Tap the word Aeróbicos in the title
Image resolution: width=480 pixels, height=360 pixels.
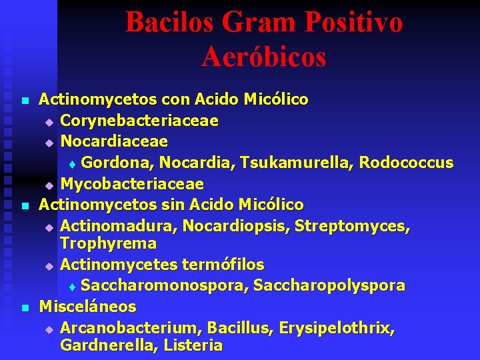[264, 57]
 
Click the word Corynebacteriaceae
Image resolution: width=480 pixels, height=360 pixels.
[139, 121]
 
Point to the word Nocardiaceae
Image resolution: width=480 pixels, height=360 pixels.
[114, 141]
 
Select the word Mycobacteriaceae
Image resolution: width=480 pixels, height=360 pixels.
[132, 183]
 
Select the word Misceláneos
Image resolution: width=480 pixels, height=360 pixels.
[87, 307]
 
